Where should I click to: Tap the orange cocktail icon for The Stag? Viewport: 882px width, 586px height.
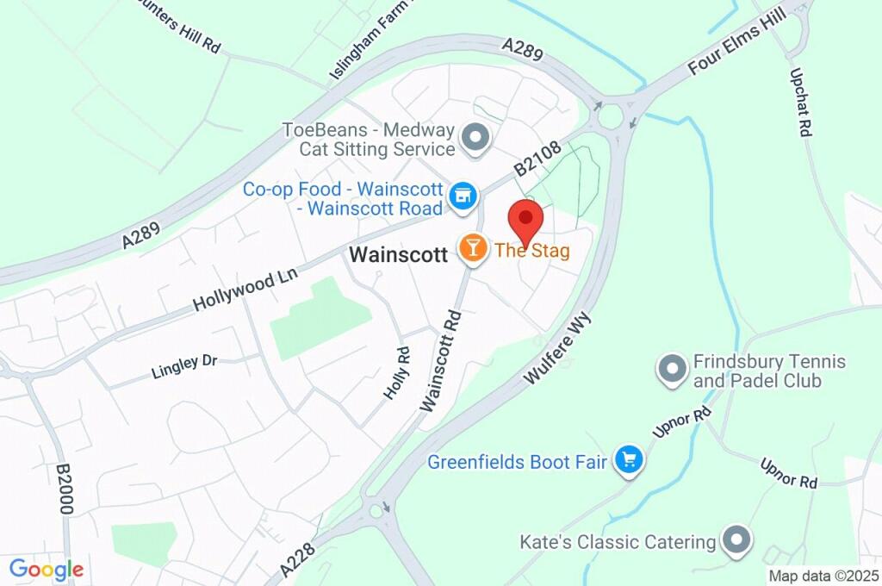pos(472,248)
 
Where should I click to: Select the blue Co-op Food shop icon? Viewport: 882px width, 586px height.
pos(463,195)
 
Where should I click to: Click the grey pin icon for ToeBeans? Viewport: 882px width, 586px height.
pos(474,137)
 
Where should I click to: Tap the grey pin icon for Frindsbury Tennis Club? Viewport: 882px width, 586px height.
pos(671,369)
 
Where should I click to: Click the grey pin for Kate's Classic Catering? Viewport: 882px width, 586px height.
pos(736,540)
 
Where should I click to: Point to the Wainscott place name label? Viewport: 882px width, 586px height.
pos(398,254)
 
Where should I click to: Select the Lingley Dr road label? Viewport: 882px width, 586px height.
pos(184,365)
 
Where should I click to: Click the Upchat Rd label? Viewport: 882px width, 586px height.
pos(800,103)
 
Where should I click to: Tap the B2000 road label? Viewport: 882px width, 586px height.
pos(65,489)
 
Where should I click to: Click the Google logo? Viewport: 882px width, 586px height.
pos(47,569)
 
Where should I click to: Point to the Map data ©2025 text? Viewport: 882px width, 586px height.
pos(824,576)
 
